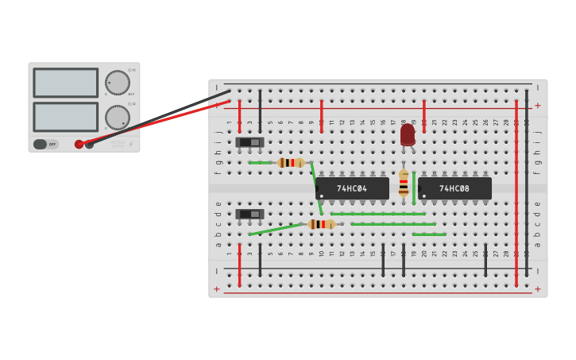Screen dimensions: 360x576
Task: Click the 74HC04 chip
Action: (352, 188)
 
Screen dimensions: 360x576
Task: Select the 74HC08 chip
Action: (454, 188)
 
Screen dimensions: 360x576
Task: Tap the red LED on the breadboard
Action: (408, 134)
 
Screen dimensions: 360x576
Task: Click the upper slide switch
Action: (249, 142)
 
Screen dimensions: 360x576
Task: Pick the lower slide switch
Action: (249, 214)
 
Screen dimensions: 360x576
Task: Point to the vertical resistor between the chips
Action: (404, 183)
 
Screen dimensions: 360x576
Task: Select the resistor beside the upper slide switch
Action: (291, 162)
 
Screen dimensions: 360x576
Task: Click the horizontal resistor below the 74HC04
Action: (322, 224)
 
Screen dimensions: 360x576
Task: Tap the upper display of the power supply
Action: (65, 83)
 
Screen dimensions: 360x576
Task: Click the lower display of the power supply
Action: (65, 117)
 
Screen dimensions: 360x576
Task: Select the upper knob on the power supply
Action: (118, 83)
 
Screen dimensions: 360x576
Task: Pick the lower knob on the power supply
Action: (118, 118)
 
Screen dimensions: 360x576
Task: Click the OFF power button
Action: (45, 144)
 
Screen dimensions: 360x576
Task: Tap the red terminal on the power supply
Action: (79, 144)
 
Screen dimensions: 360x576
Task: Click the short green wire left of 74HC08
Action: (414, 188)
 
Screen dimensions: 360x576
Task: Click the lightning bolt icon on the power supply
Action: (131, 144)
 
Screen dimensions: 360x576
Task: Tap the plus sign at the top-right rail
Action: (538, 105)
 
